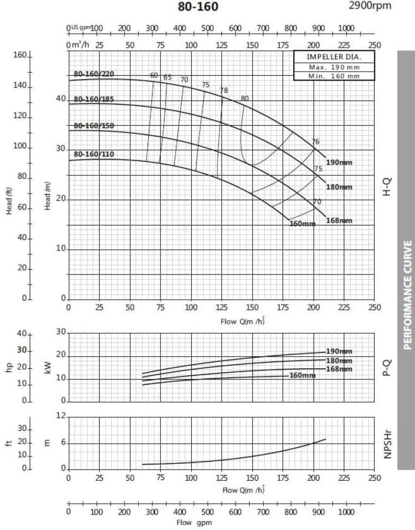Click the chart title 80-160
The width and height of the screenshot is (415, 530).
click(x=197, y=7)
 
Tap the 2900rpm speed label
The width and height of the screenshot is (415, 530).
click(x=371, y=5)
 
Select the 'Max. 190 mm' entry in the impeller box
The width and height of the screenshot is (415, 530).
click(x=333, y=67)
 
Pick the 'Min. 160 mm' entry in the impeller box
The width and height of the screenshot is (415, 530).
click(x=333, y=76)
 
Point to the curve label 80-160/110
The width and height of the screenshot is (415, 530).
click(x=94, y=155)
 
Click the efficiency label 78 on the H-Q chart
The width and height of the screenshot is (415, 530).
click(x=223, y=91)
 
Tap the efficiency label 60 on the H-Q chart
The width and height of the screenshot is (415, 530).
click(x=154, y=75)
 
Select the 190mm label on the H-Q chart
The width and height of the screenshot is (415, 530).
click(x=339, y=162)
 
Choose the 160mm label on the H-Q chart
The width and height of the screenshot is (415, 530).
click(x=302, y=224)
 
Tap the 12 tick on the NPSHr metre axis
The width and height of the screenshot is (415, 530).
click(x=62, y=417)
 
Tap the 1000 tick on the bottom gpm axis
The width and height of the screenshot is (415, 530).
click(x=346, y=512)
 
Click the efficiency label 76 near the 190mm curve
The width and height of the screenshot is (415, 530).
click(x=315, y=142)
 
